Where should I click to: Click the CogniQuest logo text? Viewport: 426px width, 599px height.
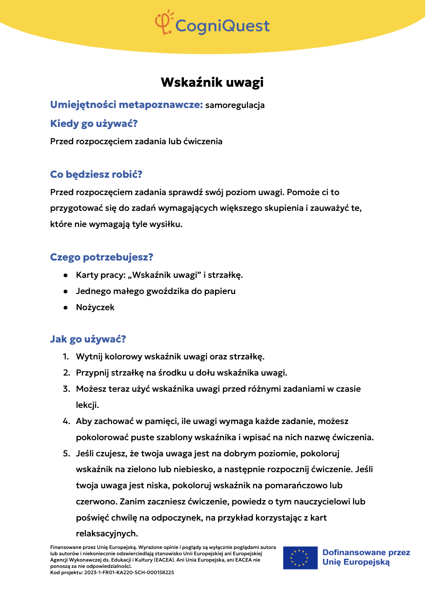[222, 26]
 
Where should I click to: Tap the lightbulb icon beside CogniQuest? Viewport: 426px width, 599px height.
[164, 22]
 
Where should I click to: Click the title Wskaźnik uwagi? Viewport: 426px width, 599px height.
[212, 82]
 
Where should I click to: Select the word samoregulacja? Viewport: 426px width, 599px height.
[235, 105]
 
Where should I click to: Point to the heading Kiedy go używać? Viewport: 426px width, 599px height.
[94, 124]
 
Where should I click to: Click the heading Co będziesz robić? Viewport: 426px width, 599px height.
[96, 175]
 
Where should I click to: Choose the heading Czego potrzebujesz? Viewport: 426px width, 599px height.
[101, 257]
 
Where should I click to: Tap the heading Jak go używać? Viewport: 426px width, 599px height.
[88, 339]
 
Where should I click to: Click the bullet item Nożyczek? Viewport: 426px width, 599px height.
[95, 307]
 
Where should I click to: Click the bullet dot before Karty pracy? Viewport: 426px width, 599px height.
[66, 275]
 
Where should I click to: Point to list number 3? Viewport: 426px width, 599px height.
[67, 389]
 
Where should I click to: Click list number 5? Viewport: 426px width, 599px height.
[67, 454]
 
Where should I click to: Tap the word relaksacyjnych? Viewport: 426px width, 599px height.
[107, 534]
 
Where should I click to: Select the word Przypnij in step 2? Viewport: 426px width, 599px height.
[92, 373]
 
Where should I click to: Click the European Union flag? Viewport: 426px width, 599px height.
[300, 558]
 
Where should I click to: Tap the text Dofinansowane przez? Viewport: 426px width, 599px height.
[366, 552]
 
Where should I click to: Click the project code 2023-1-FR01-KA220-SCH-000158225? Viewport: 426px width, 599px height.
[129, 573]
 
